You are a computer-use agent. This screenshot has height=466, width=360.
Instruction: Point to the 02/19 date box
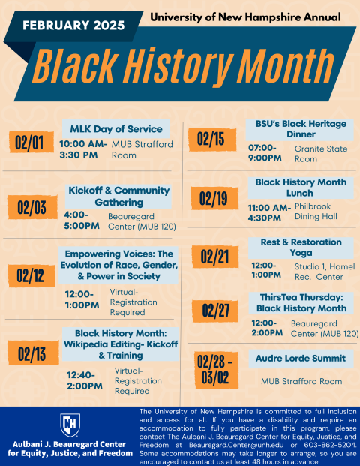(x=213, y=198)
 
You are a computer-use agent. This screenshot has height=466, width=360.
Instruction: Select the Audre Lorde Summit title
(x=300, y=359)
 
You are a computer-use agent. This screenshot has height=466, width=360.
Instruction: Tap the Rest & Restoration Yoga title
(x=300, y=248)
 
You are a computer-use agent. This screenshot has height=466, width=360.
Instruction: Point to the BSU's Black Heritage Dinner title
(x=300, y=129)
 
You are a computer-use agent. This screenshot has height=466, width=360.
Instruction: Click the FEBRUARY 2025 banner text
(x=68, y=25)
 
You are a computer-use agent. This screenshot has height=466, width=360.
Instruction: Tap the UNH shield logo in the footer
(x=68, y=424)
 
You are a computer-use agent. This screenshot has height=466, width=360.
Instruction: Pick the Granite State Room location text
(x=320, y=154)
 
